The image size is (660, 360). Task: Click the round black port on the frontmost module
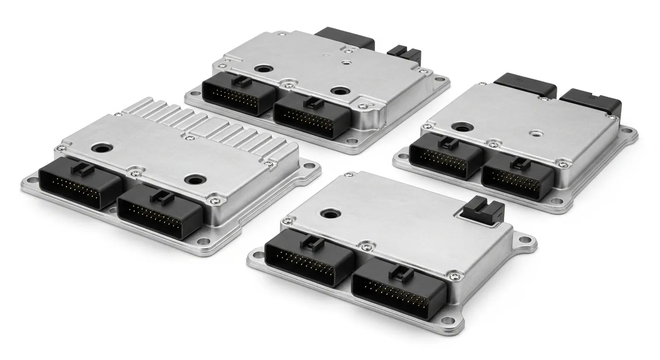328,214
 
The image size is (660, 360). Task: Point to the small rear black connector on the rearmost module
400,55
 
